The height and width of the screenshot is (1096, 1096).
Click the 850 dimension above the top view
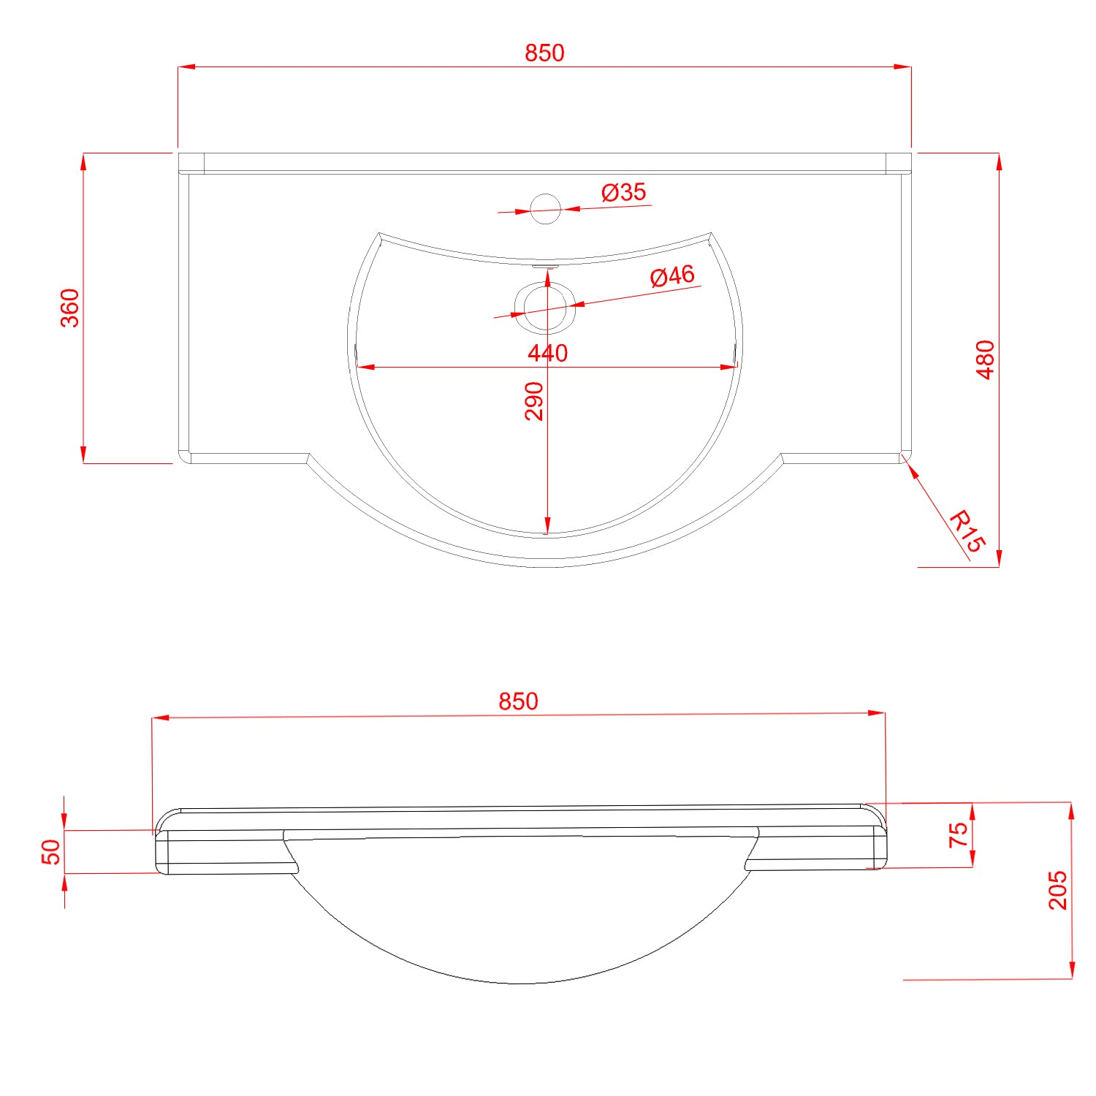coord(544,53)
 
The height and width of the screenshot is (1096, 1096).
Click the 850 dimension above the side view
coord(518,701)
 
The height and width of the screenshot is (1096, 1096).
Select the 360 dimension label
coord(70,308)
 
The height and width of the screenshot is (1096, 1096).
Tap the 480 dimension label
coord(986,359)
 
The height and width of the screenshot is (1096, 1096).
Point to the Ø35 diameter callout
coord(624,192)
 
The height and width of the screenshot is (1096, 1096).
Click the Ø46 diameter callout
coord(672,276)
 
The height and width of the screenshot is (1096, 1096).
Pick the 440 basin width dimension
coord(548,354)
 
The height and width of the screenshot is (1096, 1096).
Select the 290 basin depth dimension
coord(535,401)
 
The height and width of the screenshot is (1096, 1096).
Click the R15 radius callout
coord(967,531)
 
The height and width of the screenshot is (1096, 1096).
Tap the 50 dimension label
coord(52,852)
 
